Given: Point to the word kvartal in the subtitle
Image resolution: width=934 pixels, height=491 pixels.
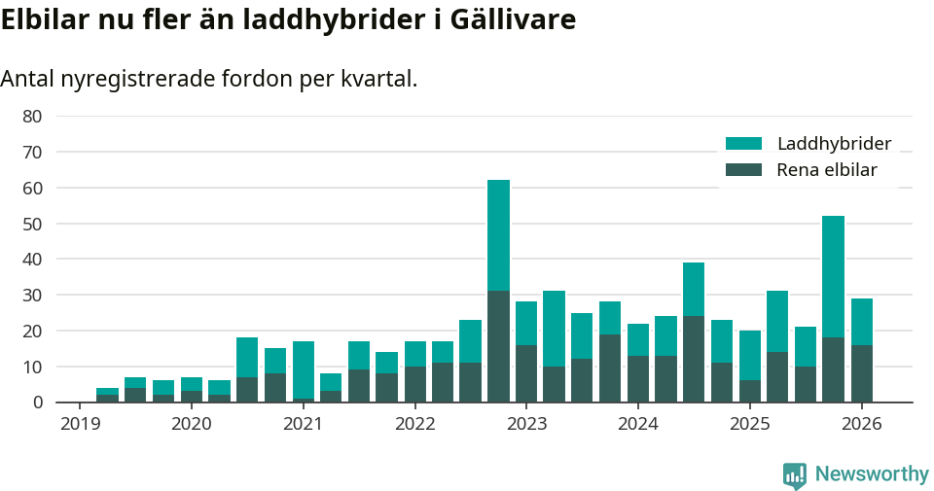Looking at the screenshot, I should [381, 79].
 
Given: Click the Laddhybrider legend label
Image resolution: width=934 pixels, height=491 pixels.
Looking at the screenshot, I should [834, 144].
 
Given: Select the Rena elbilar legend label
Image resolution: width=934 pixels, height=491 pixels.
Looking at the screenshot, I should [827, 170].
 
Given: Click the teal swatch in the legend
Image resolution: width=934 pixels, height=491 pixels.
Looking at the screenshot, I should [744, 144].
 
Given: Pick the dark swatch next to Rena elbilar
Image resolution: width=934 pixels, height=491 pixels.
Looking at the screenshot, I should [744, 170].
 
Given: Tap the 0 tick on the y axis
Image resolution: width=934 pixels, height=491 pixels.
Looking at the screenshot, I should [38, 402].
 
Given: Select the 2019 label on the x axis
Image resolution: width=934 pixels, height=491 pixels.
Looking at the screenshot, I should [79, 424].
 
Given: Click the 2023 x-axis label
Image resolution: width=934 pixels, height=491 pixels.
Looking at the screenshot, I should [526, 424].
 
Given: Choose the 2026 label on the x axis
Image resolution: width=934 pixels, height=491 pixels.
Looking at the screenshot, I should [861, 424].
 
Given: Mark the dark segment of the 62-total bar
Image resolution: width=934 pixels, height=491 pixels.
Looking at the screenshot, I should [498, 346].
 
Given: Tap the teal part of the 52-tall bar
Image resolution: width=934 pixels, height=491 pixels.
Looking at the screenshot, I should [833, 276].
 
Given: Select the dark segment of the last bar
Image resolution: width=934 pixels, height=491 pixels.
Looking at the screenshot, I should [861, 373].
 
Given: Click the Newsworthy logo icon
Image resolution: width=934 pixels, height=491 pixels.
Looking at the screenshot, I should [795, 474].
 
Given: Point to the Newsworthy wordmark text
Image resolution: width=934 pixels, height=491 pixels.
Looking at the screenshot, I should [872, 474].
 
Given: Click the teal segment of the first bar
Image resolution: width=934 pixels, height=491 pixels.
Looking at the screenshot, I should [107, 391].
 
